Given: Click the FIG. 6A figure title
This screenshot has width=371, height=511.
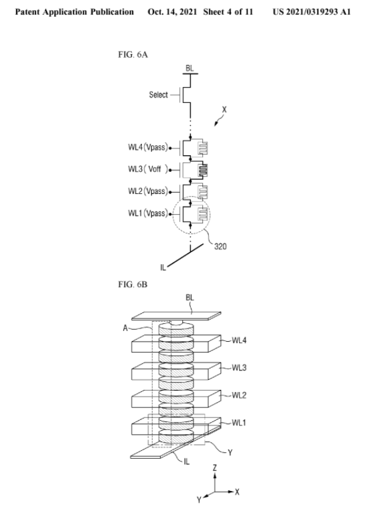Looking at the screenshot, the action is coord(133,54).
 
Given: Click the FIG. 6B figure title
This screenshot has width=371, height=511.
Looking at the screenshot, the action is coord(133,284).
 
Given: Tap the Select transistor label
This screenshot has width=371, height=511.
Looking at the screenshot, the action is coord(158,95).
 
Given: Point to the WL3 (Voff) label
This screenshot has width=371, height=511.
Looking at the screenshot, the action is coord(148,169).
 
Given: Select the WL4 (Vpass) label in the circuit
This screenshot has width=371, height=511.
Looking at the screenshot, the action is coord(148,147).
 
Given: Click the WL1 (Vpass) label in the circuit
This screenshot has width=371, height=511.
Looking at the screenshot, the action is coord(148,213).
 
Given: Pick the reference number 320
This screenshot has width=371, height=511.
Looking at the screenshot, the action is coord(220,246).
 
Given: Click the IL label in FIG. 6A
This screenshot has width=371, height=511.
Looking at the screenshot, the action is coord(163,268).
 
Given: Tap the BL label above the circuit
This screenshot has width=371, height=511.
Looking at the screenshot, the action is coord(190,68).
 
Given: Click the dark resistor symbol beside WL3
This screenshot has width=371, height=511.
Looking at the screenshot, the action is coord(203,170).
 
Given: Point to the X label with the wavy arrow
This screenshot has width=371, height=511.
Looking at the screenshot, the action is coord(224,110).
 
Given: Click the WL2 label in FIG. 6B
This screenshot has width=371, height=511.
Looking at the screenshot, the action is coord(239,395).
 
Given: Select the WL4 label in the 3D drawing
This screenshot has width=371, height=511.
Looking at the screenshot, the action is coord(239,340).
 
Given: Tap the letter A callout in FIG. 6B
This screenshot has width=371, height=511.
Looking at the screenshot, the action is coord(125,328).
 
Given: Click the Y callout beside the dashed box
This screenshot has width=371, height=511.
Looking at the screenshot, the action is coord(230,452).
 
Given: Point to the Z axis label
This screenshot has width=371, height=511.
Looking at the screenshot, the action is coord(215,468).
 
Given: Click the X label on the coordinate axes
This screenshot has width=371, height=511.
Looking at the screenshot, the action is coord(237,492).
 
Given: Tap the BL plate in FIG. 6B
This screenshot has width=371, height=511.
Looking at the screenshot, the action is coord(176,316).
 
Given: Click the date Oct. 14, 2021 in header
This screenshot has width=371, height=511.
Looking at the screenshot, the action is coord(172,12).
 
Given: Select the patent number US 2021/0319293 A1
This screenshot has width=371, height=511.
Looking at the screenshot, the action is coord(311,12).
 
